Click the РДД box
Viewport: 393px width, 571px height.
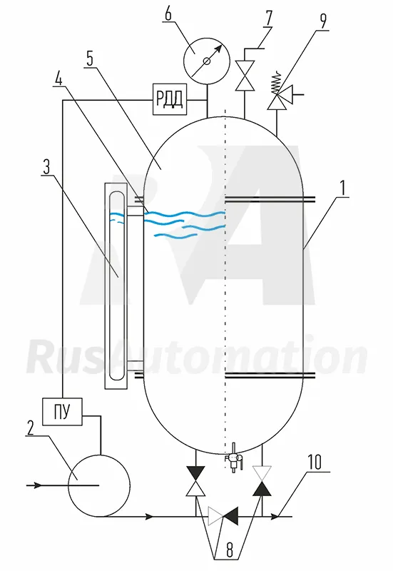pos(169,99)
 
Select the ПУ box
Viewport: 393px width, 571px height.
pos(62,412)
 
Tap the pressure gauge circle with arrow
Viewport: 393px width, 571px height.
pos(207,61)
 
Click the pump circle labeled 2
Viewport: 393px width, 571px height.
pos(99,485)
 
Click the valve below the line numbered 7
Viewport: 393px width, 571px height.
pos(245,76)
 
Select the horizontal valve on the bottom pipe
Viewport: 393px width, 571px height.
pos(223,516)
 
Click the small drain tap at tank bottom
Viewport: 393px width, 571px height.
pos(233,458)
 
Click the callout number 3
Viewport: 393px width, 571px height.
pos(46,166)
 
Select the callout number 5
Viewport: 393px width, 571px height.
pos(90,59)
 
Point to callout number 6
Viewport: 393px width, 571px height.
pos(168,14)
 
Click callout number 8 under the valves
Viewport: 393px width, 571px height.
pos(230,550)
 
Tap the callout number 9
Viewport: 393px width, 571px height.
pos(323,21)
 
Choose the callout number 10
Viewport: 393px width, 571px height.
pos(315,462)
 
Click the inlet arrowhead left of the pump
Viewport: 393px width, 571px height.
pos(37,485)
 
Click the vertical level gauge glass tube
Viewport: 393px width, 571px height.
pos(116,285)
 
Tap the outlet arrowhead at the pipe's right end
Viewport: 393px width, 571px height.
pos(275,516)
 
